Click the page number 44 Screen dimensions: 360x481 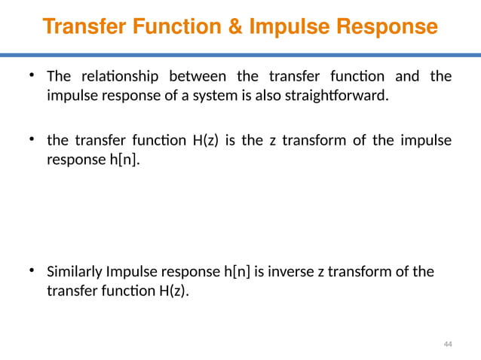click(448, 344)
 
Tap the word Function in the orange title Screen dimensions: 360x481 click(176, 27)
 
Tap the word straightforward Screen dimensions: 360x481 click(339, 96)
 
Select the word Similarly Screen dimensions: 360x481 click(75, 272)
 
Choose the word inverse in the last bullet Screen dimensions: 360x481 click(293, 272)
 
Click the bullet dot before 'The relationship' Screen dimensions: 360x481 click(32, 75)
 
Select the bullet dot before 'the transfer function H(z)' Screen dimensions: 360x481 click(32, 139)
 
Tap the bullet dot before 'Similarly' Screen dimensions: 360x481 click(32, 270)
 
